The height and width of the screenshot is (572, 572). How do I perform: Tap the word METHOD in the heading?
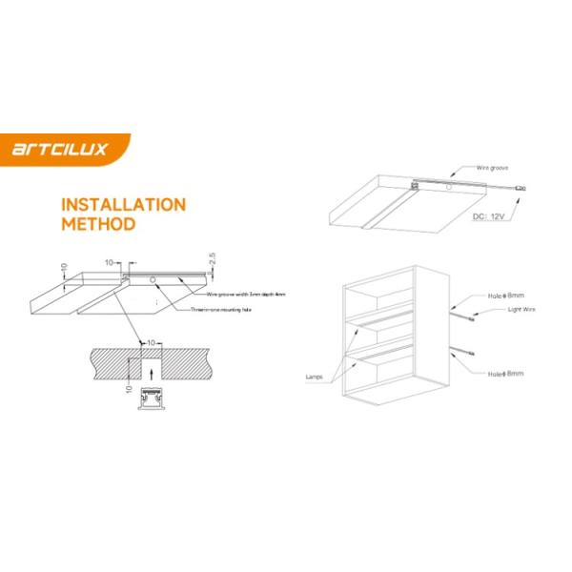97,226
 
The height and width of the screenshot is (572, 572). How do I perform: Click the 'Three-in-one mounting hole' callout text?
221,310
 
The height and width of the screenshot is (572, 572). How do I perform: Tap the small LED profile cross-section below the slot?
149,400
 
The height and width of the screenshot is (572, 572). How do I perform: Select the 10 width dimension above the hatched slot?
150,340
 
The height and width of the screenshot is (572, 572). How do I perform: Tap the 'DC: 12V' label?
492,216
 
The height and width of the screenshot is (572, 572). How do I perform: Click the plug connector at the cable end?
520,189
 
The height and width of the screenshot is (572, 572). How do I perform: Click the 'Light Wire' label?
522,311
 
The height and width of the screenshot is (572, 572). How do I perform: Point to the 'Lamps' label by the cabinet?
316,377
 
